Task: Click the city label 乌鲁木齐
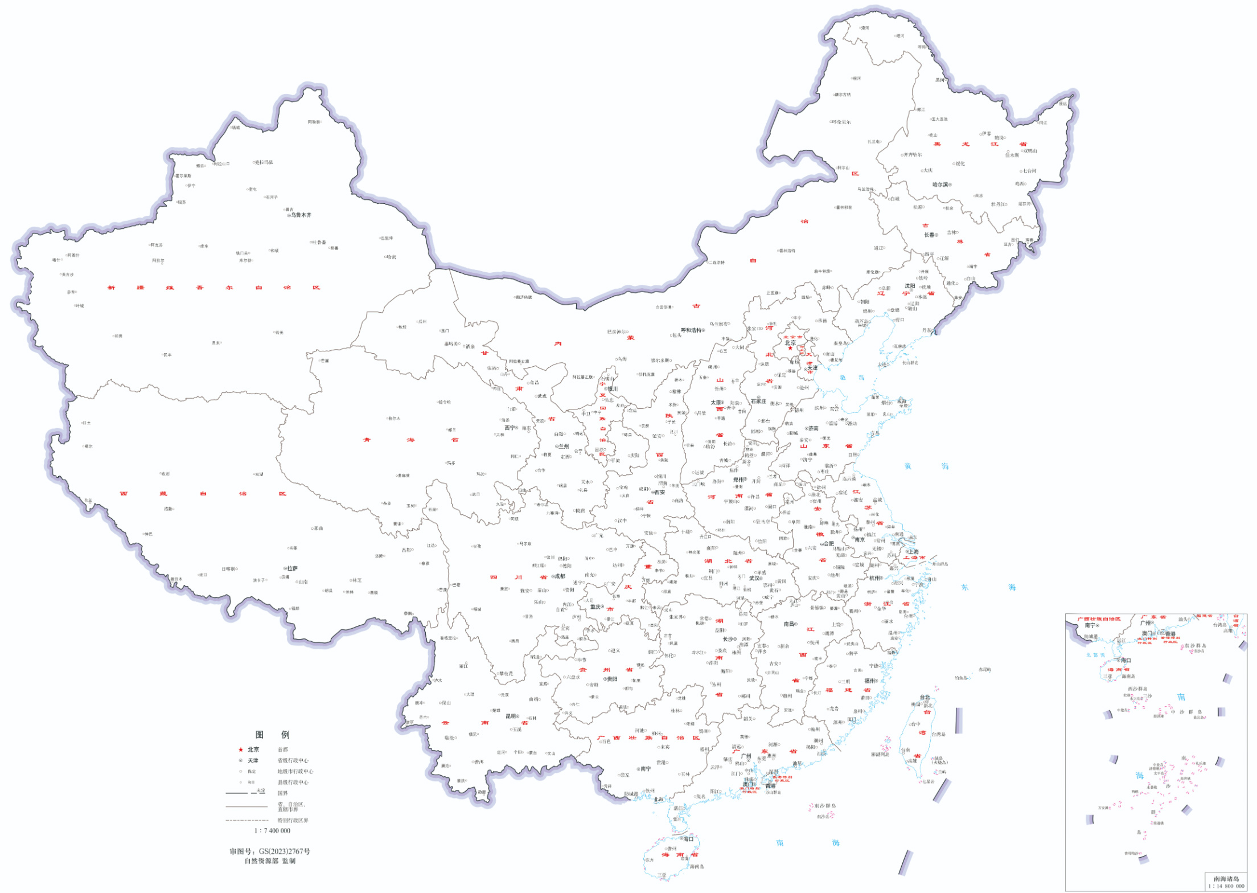(301, 215)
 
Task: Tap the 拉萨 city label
(292, 568)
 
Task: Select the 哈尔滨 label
(940, 185)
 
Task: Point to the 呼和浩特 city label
(691, 330)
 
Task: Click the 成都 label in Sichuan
(560, 576)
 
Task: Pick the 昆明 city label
(511, 716)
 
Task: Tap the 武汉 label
(755, 578)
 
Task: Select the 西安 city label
(660, 493)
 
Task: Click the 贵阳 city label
(612, 679)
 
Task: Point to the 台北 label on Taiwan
(925, 697)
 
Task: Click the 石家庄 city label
(758, 402)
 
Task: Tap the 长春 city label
(929, 235)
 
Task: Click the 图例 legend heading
(272, 735)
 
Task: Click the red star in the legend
(241, 750)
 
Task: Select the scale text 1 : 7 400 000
(272, 831)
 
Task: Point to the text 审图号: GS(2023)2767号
(270, 851)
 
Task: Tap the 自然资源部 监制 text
(270, 861)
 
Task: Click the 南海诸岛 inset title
(1226, 879)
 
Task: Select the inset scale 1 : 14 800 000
(1226, 886)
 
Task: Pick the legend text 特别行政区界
(293, 821)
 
